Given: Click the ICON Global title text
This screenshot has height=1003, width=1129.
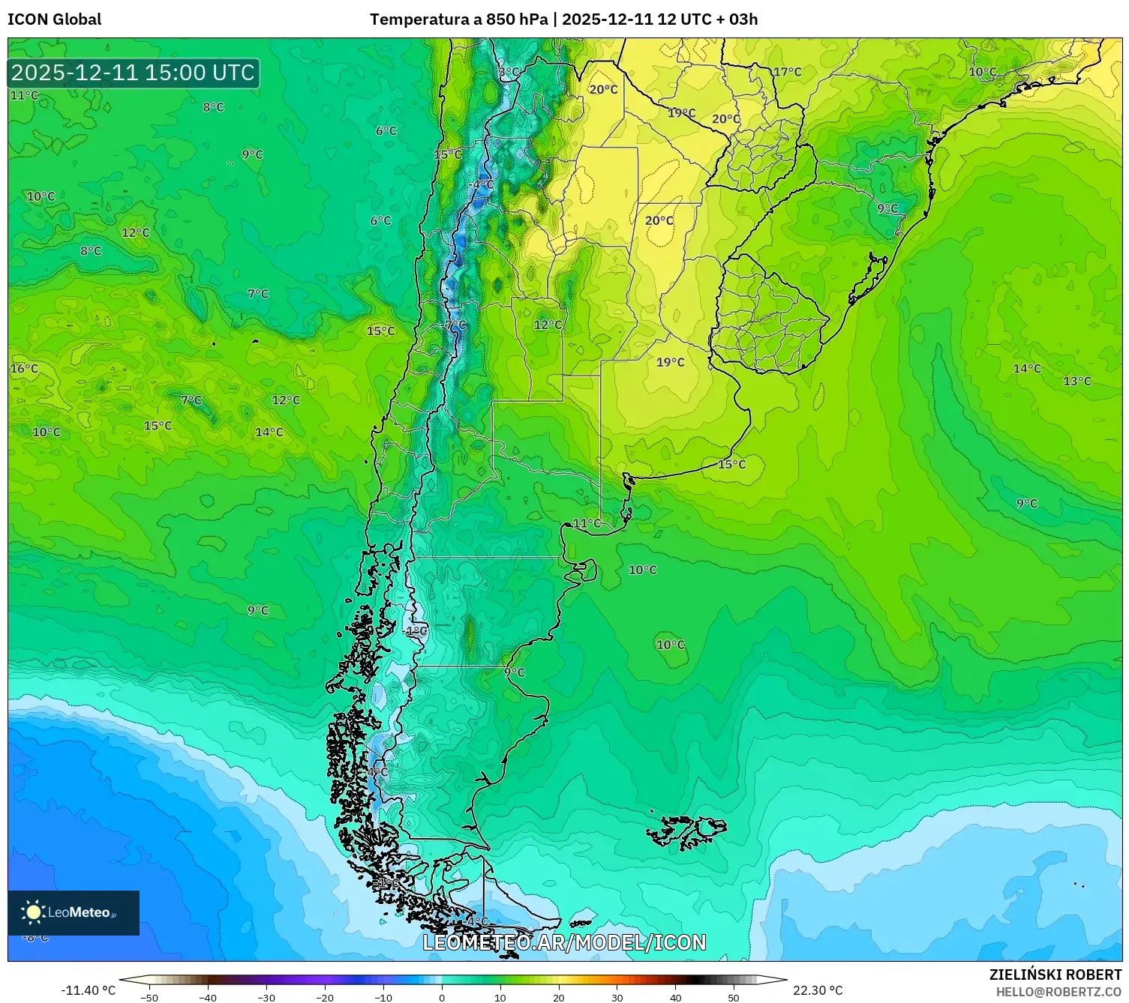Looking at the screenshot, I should [54, 19].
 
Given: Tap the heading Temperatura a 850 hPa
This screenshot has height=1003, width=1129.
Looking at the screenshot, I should [458, 19].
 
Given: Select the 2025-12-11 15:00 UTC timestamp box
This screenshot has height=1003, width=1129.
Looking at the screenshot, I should [134, 73].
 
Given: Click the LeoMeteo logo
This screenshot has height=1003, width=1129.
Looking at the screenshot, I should [73, 912].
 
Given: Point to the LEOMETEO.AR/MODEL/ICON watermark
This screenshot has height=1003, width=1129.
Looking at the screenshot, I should [564, 943].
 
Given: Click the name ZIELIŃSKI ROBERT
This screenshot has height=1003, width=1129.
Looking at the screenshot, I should [1055, 975].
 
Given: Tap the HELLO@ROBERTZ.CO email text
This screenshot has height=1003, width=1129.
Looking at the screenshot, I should [1058, 992].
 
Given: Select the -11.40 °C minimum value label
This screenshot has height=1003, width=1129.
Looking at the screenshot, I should [88, 990].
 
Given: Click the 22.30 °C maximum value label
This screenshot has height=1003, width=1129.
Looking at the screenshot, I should [818, 990].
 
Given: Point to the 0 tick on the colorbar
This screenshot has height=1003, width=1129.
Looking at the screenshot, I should [441, 997].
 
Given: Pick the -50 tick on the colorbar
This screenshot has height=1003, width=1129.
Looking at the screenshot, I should [149, 997].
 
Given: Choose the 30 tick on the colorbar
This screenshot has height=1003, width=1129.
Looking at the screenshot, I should [617, 997].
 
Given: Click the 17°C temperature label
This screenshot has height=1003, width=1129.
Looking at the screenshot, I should [787, 72].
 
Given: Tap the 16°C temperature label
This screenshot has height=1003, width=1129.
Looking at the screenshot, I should [23, 369].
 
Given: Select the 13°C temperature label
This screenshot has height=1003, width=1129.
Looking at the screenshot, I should [1076, 382].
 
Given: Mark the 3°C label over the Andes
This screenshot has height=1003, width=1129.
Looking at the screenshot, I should [509, 72].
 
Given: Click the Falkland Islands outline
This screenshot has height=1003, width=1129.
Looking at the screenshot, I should [686, 831].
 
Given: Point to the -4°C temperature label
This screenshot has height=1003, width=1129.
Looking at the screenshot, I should [482, 184].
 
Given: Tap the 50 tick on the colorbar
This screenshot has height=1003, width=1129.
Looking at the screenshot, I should [734, 997].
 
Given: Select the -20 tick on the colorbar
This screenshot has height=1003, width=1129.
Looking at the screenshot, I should [325, 997].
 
